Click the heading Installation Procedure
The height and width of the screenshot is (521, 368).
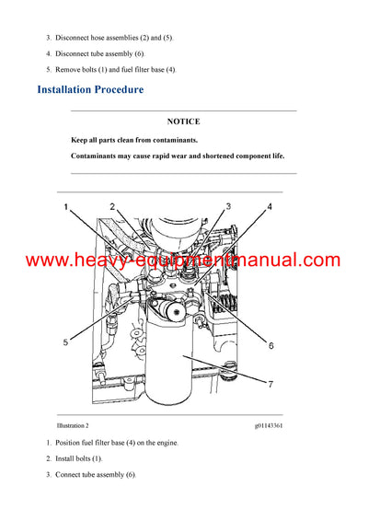pos(90,90)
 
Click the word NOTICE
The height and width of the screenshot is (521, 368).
pos(183,121)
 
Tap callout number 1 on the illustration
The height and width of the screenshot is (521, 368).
pos(66,208)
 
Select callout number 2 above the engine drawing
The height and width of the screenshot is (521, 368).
pos(111,206)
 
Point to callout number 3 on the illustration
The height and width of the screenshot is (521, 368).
pos(228,206)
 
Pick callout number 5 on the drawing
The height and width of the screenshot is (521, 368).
pos(66,342)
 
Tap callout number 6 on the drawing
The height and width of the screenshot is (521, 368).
pos(271,345)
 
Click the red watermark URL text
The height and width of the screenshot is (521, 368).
pos(183,260)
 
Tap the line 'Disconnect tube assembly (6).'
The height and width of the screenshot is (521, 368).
pos(96,53)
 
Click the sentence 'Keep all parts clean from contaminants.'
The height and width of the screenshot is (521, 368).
pos(134,140)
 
